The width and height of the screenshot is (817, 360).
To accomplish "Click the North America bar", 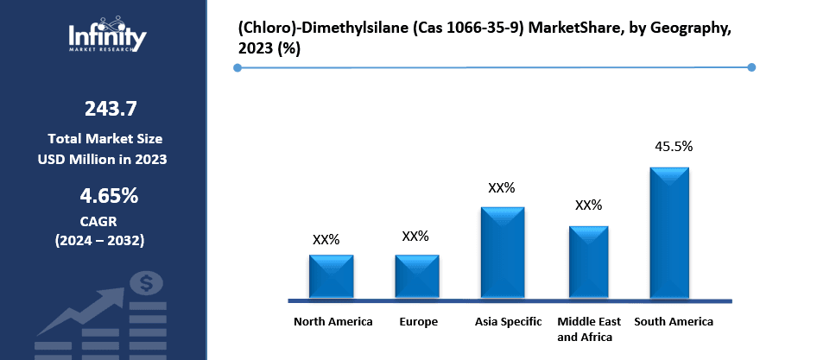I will (331, 276).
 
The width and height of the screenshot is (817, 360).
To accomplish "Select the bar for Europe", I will (417, 276).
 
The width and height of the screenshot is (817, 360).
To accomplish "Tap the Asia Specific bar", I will (503, 253).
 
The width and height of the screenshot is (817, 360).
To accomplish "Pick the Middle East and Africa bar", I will (588, 262).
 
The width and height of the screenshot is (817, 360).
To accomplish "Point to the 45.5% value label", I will (674, 147).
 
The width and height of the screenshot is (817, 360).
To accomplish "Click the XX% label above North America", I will (326, 239).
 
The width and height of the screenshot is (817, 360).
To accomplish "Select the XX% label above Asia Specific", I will (501, 187).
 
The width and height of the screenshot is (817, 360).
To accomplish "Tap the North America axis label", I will (333, 322).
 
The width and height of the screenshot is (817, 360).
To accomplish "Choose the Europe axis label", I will (418, 322).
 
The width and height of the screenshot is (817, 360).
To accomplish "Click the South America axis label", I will (674, 322).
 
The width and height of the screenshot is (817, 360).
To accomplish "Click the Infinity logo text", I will (107, 36).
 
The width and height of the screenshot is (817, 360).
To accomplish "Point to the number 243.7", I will (110, 109).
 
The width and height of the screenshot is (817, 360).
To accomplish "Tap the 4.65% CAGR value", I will (110, 196).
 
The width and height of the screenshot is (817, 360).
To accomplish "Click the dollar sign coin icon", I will (146, 282).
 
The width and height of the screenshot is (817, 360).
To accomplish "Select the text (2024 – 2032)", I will (100, 239).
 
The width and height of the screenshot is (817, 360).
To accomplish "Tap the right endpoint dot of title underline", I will (750, 67).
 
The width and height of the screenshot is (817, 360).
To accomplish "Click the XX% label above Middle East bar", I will (588, 205).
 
